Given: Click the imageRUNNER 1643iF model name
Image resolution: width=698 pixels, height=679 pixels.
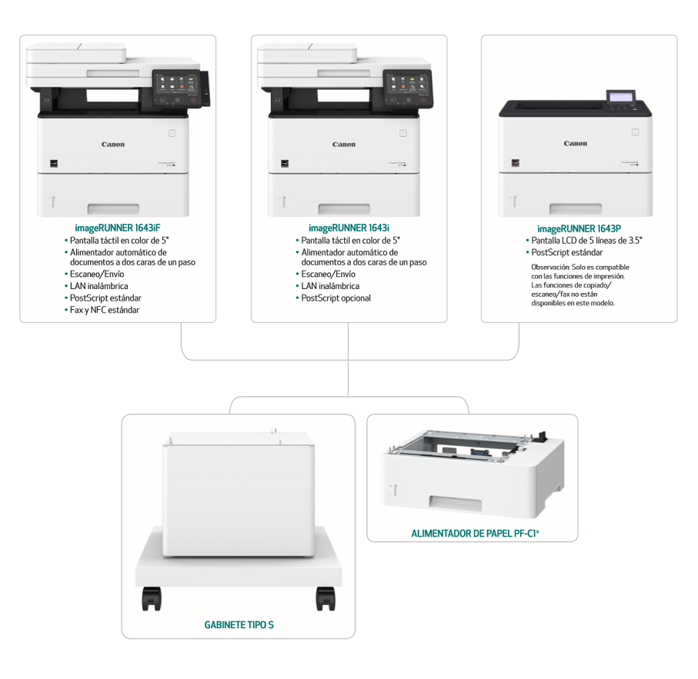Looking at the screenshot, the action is (118, 228).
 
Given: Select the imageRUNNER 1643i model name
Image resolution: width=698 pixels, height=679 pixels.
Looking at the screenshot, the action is (349, 228).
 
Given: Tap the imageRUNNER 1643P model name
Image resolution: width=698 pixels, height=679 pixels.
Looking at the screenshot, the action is (579, 229).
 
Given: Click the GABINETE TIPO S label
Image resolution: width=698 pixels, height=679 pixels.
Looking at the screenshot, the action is (239, 624).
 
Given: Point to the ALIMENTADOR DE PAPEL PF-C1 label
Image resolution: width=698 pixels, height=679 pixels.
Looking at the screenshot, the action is (475, 533).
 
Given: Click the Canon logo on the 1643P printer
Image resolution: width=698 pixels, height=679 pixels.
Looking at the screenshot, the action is (576, 144).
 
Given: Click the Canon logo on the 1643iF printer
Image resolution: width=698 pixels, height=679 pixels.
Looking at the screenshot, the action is (113, 145).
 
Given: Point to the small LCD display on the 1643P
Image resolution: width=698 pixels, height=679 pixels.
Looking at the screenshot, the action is (620, 97).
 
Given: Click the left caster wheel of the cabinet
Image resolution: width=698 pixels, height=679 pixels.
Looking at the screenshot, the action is (152, 598).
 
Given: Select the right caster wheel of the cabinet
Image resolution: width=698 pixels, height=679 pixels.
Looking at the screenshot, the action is (326, 598).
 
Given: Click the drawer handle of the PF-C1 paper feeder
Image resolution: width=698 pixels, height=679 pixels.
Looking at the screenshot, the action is (456, 504).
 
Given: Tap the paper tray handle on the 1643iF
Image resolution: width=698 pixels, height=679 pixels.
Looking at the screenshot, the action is (113, 209).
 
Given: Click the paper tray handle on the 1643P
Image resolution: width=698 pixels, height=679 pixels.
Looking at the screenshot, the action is (576, 209).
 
